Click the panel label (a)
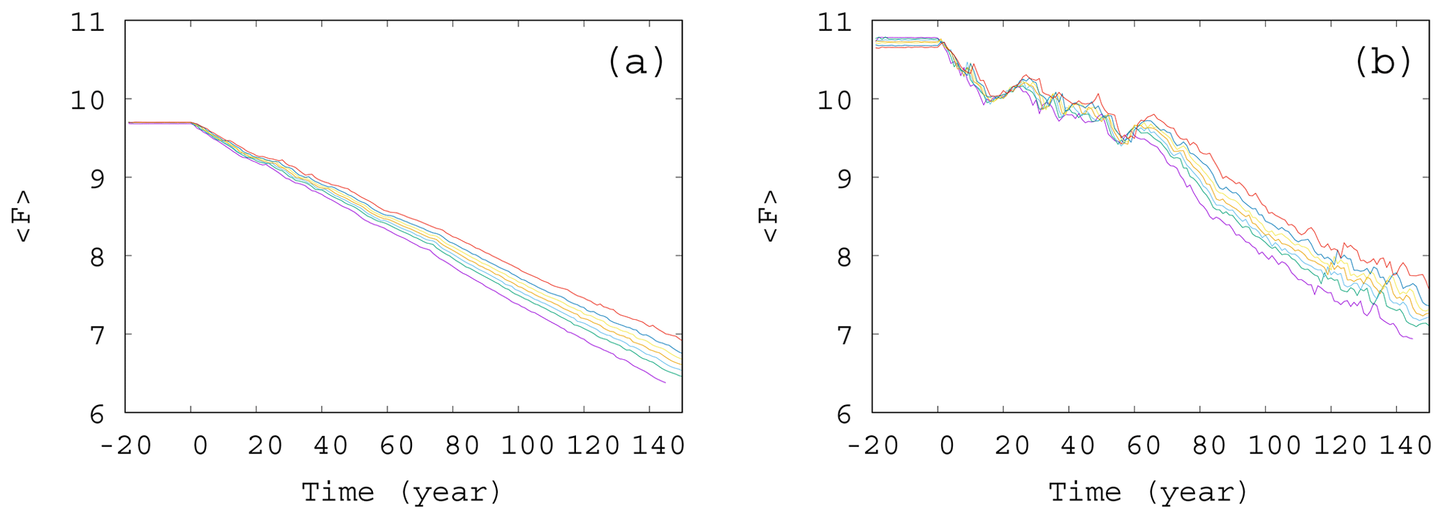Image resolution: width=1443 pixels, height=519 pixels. point(636,61)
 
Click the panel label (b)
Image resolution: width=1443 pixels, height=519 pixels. point(1383,61)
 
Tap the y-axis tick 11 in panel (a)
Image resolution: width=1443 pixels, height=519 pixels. point(88,22)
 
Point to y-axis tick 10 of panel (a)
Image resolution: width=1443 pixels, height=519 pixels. point(88,100)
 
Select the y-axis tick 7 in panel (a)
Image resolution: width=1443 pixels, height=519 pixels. point(96,335)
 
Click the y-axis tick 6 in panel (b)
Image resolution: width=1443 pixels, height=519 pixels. point(843,414)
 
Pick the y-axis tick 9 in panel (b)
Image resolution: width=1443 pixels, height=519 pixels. point(843,178)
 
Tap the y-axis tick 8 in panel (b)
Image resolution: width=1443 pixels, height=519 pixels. point(843,256)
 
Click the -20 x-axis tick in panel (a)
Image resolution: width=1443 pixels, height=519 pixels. point(126,445)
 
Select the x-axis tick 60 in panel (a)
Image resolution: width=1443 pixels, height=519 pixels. point(396,445)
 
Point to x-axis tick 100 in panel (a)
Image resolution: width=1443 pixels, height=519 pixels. point(528,445)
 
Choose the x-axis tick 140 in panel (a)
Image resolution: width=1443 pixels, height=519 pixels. point(658,445)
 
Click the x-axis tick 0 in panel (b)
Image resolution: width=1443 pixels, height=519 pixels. point(947,445)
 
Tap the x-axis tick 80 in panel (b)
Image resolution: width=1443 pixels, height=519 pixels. point(1208,445)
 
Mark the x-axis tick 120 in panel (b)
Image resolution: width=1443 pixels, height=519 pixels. point(1340,445)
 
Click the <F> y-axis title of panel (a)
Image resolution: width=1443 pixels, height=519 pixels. point(24,216)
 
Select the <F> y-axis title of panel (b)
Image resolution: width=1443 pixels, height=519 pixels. point(770,216)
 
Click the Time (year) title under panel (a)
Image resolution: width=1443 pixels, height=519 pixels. point(401,492)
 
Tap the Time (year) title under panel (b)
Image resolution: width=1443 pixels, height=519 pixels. point(1148,492)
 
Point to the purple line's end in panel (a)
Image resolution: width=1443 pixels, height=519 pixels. point(665,383)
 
